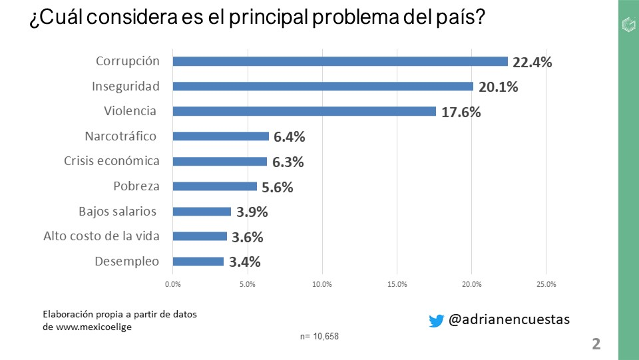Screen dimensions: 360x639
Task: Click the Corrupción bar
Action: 340,61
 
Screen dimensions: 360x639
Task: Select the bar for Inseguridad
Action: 323,87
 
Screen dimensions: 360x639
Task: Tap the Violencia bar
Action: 304,111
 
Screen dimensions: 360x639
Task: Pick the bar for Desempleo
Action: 198,262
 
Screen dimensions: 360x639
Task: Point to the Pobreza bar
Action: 214,186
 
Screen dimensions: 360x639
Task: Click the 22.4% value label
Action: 532,62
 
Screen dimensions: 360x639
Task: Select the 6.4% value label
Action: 290,137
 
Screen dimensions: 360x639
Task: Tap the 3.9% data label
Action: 252,212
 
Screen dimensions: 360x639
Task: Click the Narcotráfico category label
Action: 120,136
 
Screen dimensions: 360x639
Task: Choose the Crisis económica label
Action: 112,161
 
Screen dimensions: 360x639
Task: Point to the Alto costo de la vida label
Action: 101,236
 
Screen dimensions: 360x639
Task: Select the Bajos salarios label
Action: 117,212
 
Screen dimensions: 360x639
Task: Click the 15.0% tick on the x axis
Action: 397,284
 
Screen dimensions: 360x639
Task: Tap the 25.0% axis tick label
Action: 546,284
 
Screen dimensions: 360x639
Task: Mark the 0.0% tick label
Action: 172,284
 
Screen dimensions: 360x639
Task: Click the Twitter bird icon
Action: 436,321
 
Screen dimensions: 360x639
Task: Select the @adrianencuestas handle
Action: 509,320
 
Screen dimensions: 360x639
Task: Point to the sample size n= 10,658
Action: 319,336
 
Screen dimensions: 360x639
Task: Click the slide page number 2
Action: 596,344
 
